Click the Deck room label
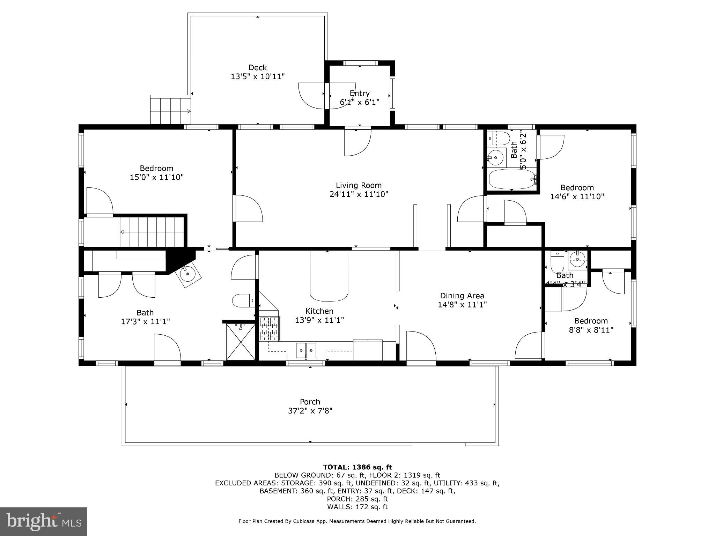(258, 68)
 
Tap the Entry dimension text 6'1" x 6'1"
(360, 102)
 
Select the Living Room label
(359, 185)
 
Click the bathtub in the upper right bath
(511, 179)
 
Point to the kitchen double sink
(306, 350)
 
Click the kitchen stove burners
(270, 328)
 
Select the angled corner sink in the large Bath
(189, 274)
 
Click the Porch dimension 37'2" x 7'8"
(310, 411)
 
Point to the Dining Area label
(462, 296)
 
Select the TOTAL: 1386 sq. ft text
(357, 467)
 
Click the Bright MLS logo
(44, 521)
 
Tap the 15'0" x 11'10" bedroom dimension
(156, 177)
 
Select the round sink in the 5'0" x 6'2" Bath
(496, 157)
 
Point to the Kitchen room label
(319, 311)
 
